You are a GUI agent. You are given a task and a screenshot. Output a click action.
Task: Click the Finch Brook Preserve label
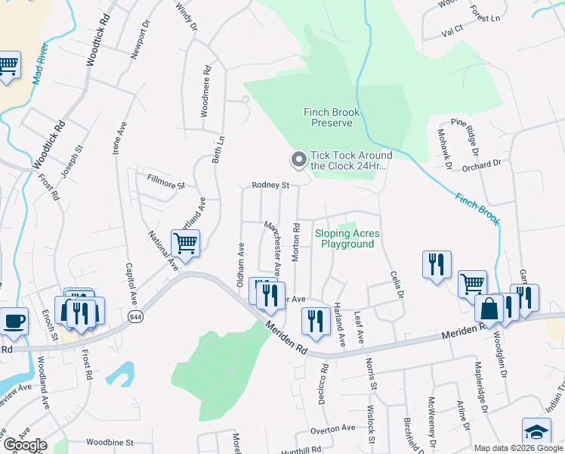tap(332, 117)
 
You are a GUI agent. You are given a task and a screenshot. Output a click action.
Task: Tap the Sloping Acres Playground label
tap(347, 239)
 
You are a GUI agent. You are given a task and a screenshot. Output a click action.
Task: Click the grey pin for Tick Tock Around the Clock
tap(298, 160)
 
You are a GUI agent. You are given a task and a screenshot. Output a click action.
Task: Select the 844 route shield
tap(135, 316)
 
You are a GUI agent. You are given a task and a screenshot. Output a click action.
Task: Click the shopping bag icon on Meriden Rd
tap(489, 309)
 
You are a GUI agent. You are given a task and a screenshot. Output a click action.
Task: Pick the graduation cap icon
tap(536, 432)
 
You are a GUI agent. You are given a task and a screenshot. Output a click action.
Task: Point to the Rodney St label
tap(270, 185)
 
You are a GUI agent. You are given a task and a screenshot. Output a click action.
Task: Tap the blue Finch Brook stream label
tap(477, 208)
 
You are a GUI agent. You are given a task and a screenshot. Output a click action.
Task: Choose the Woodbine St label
tap(110, 442)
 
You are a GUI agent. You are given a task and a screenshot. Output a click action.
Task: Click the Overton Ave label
tap(332, 428)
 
